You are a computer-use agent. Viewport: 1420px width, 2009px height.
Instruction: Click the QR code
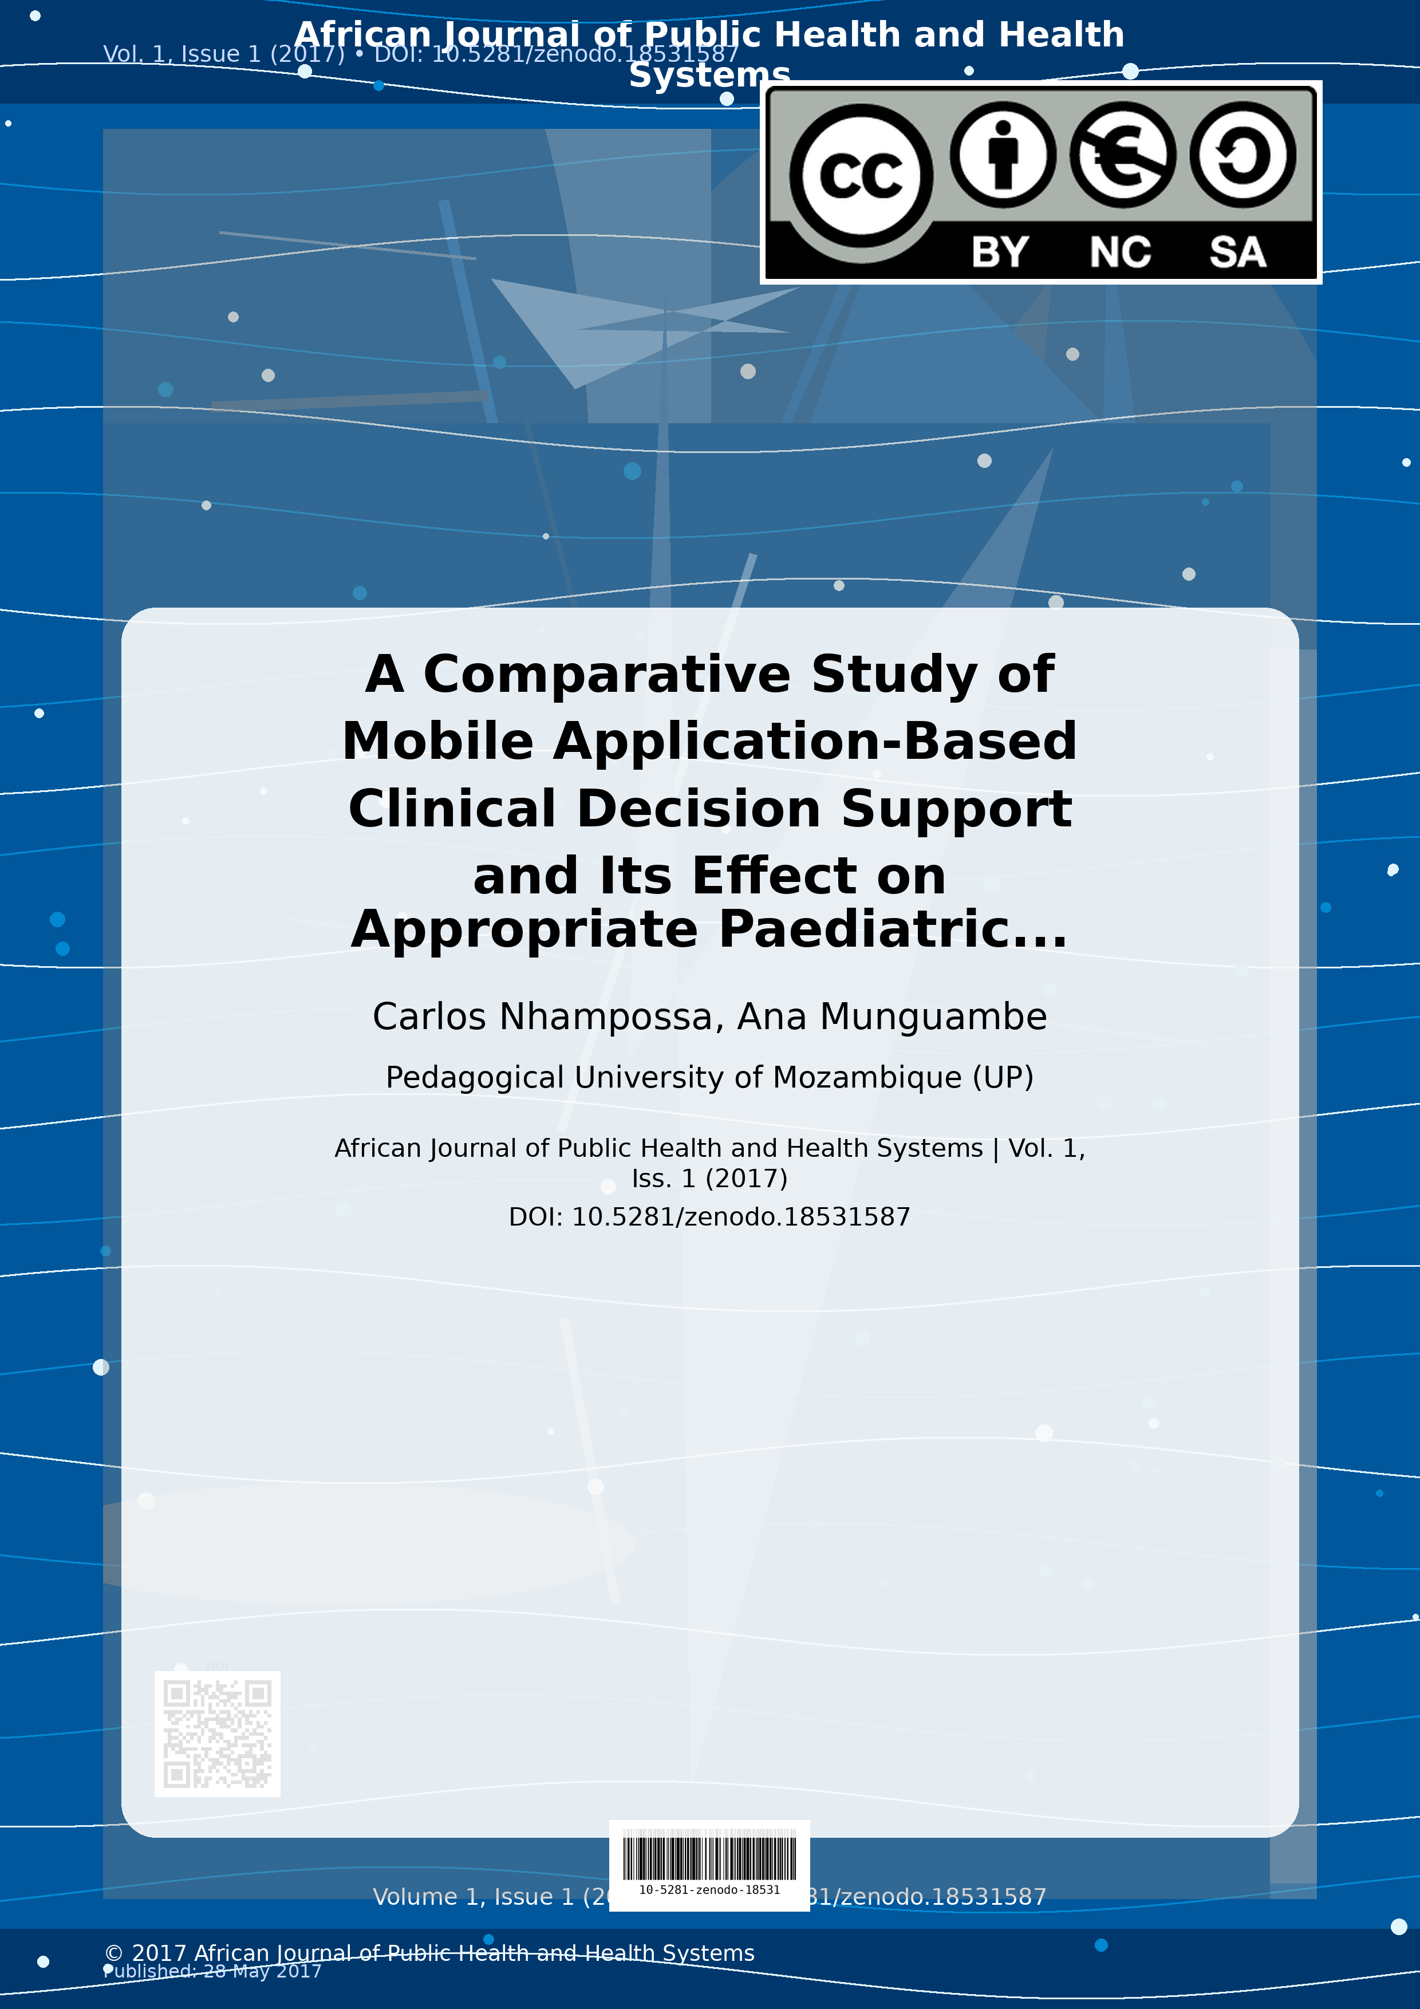tap(217, 1734)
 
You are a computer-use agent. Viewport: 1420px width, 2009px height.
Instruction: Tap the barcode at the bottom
tap(709, 1857)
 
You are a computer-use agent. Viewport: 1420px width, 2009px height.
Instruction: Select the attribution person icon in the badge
tap(1003, 155)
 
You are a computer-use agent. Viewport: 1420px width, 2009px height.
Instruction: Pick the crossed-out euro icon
tap(1122, 155)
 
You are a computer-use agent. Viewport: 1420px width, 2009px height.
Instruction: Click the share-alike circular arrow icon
tap(1242, 155)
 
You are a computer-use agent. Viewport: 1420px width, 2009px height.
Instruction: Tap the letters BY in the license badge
tap(1000, 252)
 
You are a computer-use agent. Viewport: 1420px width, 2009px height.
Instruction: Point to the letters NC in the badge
tap(1120, 252)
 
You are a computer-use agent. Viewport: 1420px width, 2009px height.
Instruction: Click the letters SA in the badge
tap(1237, 252)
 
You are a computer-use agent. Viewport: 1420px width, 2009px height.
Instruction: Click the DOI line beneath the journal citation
tap(709, 1217)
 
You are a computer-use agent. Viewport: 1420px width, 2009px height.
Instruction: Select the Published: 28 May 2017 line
tap(212, 1971)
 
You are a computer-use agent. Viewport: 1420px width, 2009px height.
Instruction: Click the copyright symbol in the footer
tap(114, 1953)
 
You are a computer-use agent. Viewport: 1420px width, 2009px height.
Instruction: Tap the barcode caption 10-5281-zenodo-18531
tap(709, 1890)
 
